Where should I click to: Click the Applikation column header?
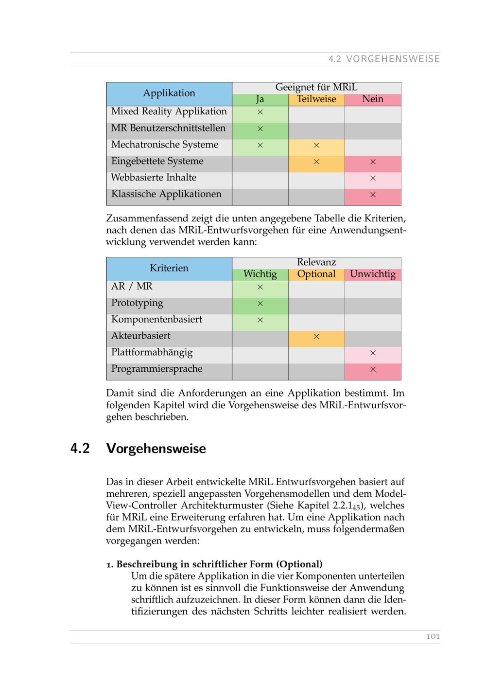[169, 93]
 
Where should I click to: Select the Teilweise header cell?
[316, 99]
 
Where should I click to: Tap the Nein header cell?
[373, 99]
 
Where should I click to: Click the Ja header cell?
[260, 99]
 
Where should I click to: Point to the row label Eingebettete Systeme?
[157, 162]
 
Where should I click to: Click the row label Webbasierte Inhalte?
[154, 178]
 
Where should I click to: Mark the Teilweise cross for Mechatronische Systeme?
[316, 145]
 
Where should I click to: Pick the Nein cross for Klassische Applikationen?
[373, 195]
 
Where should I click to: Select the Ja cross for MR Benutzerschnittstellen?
[260, 129]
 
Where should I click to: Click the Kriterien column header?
[169, 268]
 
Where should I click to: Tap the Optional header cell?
[316, 274]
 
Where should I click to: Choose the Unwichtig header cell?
[373, 274]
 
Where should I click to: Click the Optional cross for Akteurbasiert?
[316, 336]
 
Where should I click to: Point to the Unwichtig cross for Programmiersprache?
[373, 369]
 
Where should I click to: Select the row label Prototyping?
[137, 303]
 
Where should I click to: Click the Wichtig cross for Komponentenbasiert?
[260, 320]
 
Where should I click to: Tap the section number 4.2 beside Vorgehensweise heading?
[80, 449]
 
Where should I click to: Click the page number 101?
[433, 636]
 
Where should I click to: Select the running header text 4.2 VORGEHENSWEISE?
[384, 59]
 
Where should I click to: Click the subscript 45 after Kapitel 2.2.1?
[356, 507]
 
